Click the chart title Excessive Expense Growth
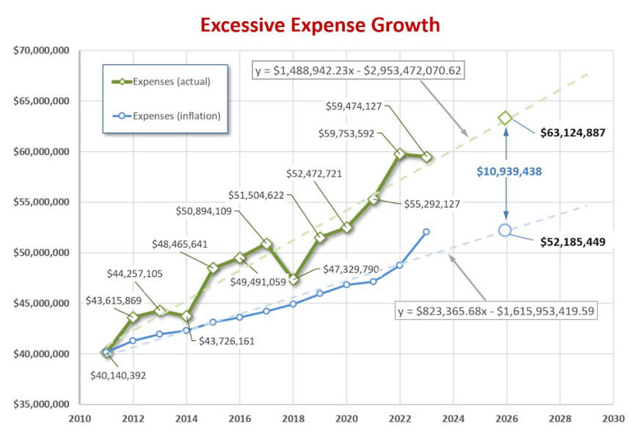point(320,25)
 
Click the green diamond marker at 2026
point(505,118)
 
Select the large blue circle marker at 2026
point(505,229)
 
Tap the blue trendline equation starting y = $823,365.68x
point(497,310)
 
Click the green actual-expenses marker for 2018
point(293,279)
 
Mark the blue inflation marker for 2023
point(426,231)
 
